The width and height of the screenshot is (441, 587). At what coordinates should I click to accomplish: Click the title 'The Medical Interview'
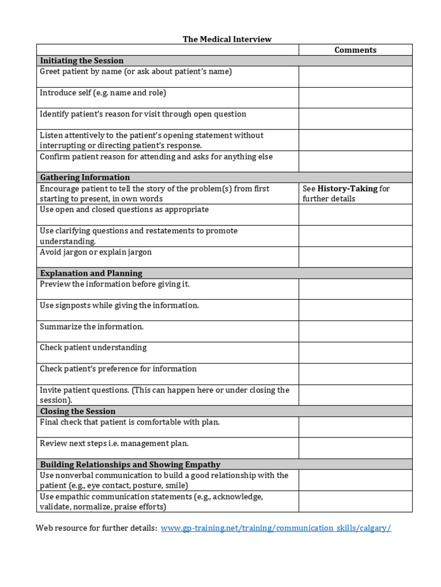tap(227, 39)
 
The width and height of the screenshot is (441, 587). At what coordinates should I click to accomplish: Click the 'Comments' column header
tap(355, 50)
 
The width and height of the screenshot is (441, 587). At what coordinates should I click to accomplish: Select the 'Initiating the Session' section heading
tap(82, 61)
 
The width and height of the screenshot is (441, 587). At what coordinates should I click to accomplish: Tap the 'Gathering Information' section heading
tap(84, 178)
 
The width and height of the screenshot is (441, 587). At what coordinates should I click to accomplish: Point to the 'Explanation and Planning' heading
tap(91, 273)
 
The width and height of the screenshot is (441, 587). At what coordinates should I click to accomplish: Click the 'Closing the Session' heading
tap(78, 412)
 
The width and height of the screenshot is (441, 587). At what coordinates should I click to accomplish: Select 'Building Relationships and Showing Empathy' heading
tap(130, 465)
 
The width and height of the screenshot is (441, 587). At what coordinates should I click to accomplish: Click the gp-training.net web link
tap(276, 528)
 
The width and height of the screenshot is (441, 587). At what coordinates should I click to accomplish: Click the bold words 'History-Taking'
tap(347, 189)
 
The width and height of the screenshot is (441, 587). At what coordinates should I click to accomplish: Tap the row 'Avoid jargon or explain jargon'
tap(95, 252)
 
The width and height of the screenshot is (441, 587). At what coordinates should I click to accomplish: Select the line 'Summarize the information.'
tap(91, 327)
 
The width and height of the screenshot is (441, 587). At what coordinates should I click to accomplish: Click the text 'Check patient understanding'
tap(93, 348)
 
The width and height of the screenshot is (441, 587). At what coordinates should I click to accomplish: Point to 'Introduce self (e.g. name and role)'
tap(103, 93)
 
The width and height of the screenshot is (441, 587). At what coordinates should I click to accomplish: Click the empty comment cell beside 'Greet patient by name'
tap(355, 77)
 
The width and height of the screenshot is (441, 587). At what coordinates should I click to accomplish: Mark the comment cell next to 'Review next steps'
tap(355, 448)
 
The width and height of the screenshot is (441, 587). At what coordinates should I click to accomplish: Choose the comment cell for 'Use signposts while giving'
tap(355, 310)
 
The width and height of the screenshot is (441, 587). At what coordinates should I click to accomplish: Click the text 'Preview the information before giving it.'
tap(114, 284)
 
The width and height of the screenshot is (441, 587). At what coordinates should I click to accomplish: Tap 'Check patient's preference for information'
tap(118, 369)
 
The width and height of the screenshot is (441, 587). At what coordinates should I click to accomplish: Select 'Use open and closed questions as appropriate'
tap(124, 210)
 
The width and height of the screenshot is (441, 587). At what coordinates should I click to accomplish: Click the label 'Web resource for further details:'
tap(96, 528)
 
